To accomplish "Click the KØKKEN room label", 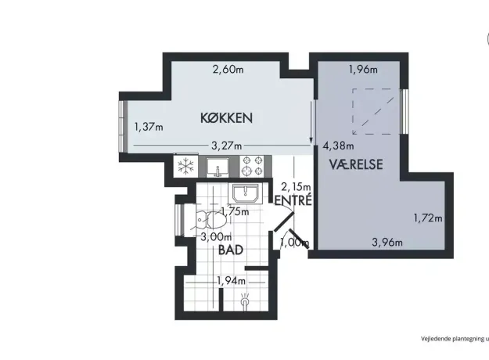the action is (226, 118).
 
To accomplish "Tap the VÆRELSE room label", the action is (356, 164).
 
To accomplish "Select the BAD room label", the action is (231, 250).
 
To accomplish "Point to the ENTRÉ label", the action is (293, 200).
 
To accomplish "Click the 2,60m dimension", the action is (228, 69).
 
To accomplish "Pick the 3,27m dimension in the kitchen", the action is (226, 146).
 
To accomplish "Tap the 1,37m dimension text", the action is (149, 127).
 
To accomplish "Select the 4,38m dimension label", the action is (338, 146).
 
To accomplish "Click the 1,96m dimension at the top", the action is (363, 69).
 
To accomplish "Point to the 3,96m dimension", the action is (387, 242).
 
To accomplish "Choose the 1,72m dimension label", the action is (428, 218).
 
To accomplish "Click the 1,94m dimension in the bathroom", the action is (231, 281).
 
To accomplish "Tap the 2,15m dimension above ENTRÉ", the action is (296, 186).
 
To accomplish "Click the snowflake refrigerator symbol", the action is (185, 166).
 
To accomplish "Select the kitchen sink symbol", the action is (218, 166).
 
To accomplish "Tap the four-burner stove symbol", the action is (253, 166).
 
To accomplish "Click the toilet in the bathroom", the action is (211, 220).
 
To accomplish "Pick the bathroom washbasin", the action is (246, 193).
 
